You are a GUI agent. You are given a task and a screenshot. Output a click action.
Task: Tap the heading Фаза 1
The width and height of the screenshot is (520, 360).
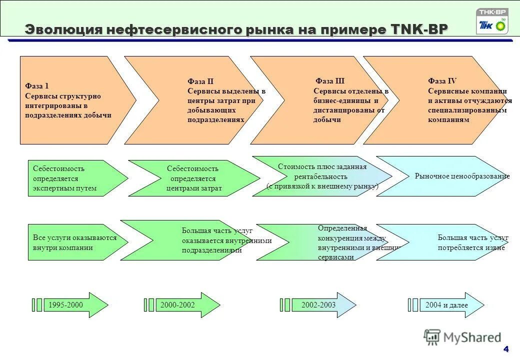click(x=37, y=86)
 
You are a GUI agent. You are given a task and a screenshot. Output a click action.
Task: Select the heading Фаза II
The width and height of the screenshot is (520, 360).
click(x=200, y=81)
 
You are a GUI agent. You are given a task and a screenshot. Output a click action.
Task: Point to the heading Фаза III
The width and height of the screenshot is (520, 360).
click(x=329, y=81)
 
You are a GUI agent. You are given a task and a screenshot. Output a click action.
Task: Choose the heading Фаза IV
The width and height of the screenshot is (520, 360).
click(x=442, y=81)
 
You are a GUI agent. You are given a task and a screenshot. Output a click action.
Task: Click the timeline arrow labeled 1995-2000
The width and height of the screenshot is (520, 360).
click(x=70, y=305)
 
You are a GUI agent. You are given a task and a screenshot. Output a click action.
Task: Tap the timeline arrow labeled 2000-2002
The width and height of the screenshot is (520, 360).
click(x=182, y=305)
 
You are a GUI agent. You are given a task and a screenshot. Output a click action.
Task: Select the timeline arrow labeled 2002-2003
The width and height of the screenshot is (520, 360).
click(x=320, y=305)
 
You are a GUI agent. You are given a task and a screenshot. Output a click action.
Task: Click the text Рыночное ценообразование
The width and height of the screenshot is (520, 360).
click(x=462, y=176)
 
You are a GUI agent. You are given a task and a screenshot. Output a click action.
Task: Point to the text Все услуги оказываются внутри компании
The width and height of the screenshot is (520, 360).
click(x=74, y=242)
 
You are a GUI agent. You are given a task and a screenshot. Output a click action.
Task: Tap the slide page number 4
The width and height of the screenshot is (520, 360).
click(x=506, y=348)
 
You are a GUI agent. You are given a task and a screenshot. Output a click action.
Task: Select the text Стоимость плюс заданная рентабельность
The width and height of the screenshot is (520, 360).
click(x=322, y=171)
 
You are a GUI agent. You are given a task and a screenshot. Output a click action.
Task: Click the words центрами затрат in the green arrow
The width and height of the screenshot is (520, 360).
click(x=194, y=188)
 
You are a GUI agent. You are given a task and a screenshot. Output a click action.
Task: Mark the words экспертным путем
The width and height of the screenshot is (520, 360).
click(x=64, y=188)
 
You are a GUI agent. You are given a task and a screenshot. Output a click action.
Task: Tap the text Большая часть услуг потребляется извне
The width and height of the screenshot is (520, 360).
click(x=472, y=242)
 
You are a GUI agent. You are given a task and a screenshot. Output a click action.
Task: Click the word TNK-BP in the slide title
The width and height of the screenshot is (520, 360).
click(x=417, y=29)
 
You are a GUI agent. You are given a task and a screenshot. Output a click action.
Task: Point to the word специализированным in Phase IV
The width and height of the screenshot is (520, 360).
click(x=467, y=110)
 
